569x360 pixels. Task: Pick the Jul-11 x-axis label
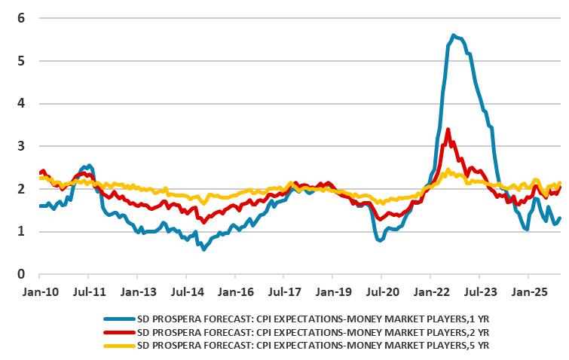click(88, 291)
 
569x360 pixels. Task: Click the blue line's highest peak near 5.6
click(453, 35)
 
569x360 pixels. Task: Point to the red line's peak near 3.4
click(448, 130)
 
